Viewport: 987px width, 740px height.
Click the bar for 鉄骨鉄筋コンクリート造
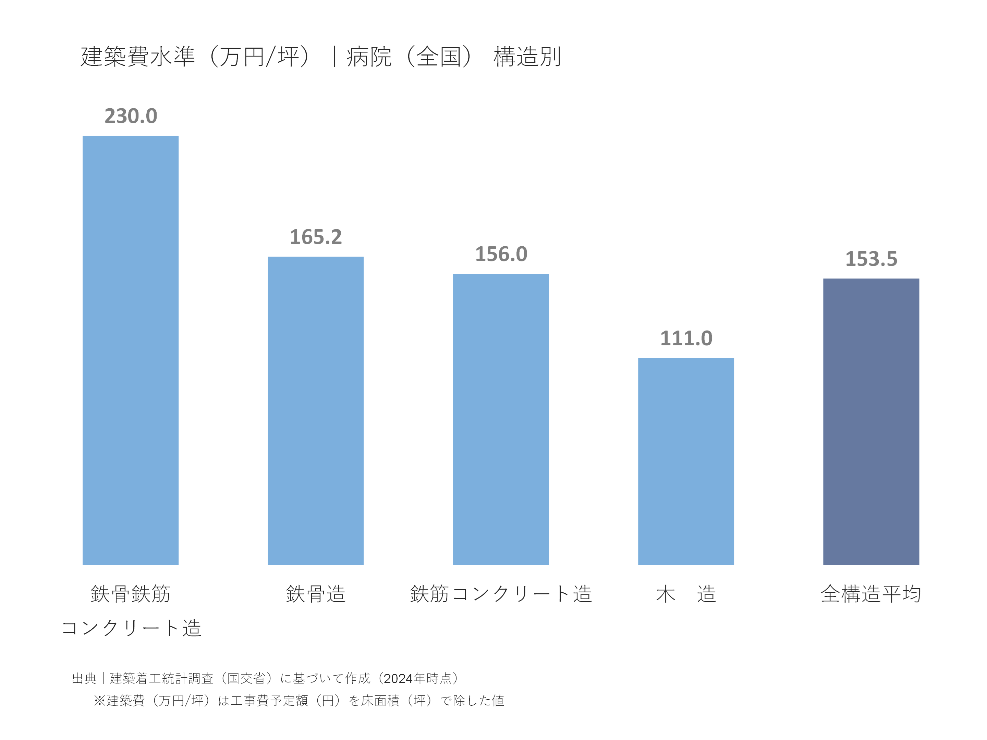pos(130,350)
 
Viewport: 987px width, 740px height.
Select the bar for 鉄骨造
pos(316,410)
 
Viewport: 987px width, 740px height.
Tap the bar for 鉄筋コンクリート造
pos(501,419)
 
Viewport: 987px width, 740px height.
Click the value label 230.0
pos(131,116)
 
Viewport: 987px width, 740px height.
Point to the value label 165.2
pos(316,237)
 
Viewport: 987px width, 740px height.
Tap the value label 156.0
pos(501,254)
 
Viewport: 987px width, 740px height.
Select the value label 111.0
pos(686,338)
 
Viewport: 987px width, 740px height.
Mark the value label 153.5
pos(872,259)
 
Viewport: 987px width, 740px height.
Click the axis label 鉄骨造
pos(316,594)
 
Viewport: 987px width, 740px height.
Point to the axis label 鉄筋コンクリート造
pos(501,594)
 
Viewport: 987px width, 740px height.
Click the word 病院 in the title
pos(369,57)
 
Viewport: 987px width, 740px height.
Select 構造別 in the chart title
pos(527,57)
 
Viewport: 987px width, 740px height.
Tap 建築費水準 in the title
pos(138,57)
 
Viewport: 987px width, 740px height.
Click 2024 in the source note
pos(399,678)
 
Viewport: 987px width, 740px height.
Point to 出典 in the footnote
pos(84,678)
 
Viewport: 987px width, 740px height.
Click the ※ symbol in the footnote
pos(99,701)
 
